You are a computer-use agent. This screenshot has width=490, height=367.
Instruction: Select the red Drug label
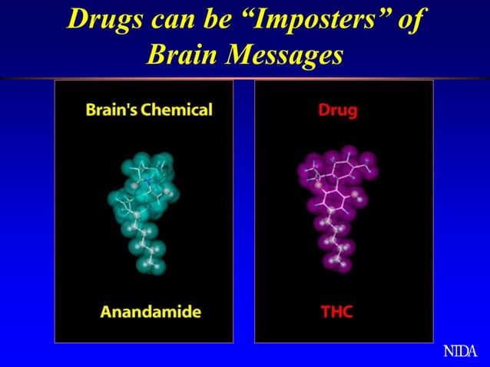click(337, 111)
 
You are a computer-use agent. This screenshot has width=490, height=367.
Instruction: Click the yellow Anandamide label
click(151, 312)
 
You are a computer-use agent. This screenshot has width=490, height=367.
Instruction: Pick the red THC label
click(336, 312)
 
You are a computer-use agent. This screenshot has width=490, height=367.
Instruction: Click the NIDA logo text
click(460, 352)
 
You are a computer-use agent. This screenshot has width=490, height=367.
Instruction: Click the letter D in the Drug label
click(323, 111)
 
